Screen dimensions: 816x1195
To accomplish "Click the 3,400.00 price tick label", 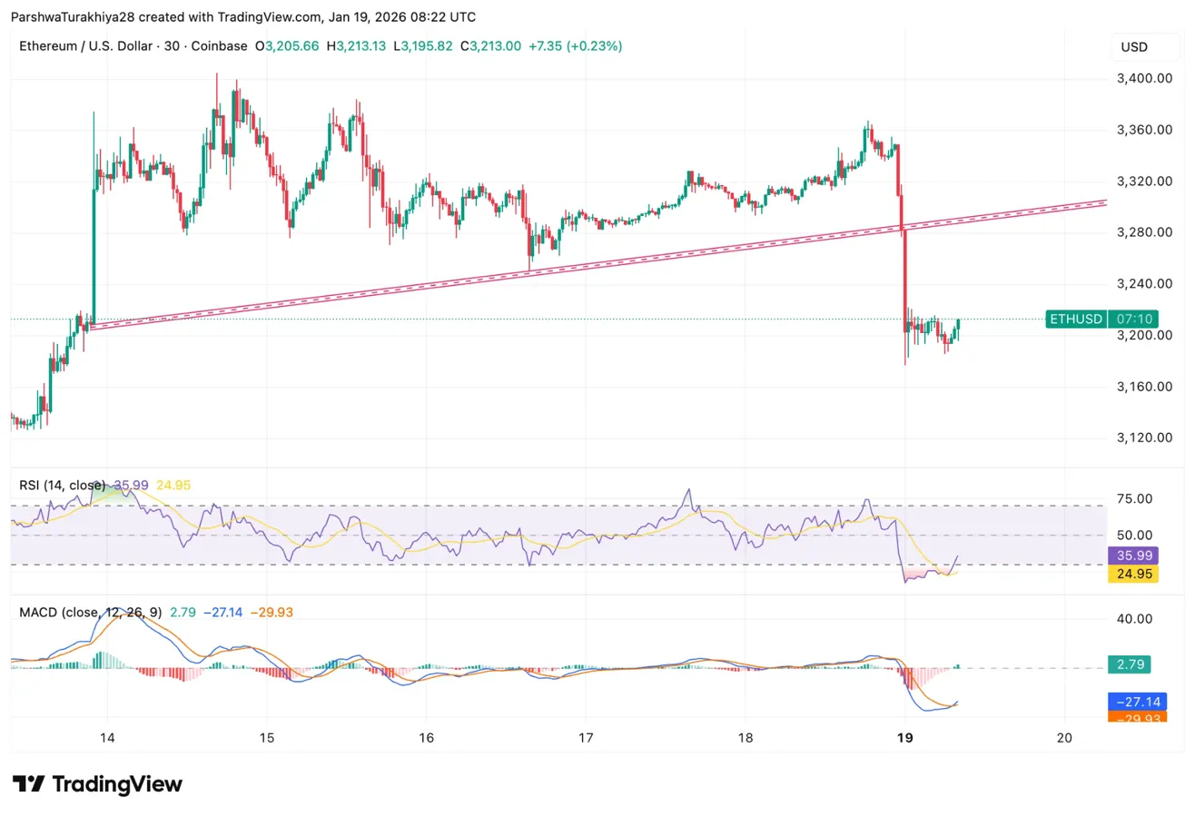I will tap(1147, 79).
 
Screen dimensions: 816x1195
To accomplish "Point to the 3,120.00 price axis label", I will tap(1147, 437).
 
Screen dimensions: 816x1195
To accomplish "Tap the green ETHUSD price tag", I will tap(1075, 319).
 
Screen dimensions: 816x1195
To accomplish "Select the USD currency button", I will tap(1134, 46).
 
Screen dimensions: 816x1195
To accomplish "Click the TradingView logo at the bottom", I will tap(97, 784).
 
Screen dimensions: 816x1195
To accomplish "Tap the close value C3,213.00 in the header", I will tap(490, 46).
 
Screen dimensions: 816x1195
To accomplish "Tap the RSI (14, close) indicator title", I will tap(62, 486).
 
